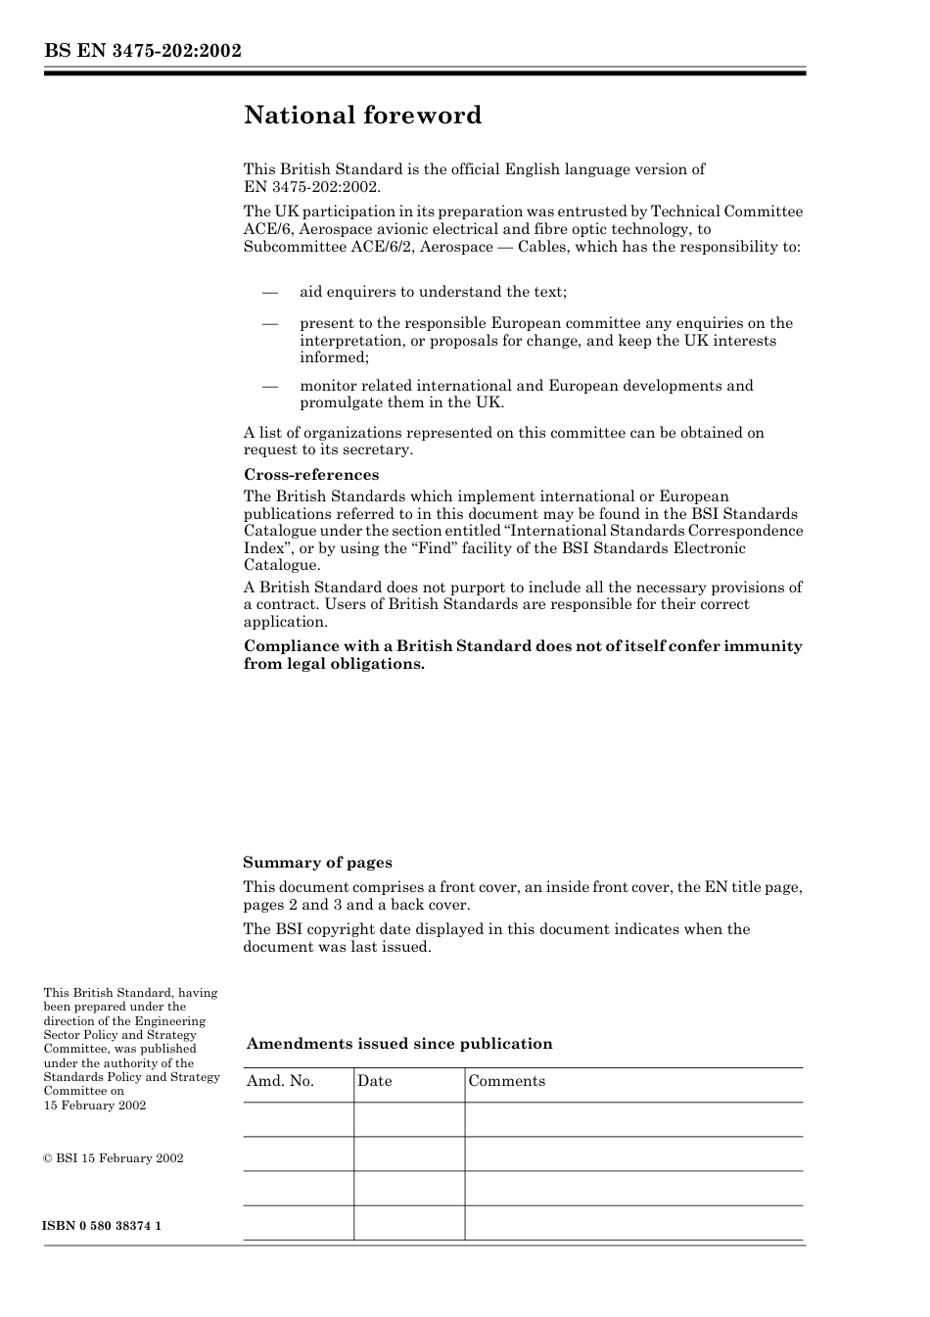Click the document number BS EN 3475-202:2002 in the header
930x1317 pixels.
pyautogui.click(x=142, y=51)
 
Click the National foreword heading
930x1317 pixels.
pyautogui.click(x=362, y=116)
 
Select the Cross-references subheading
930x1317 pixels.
pyautogui.click(x=310, y=475)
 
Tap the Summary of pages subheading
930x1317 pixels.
pyautogui.click(x=317, y=863)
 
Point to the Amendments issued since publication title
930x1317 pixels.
pyautogui.click(x=399, y=1044)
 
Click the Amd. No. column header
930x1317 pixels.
pyautogui.click(x=280, y=1081)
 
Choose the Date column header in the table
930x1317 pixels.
pyautogui.click(x=374, y=1081)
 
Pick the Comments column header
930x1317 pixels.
pyautogui.click(x=506, y=1081)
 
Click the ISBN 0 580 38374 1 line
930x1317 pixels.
pyautogui.click(x=102, y=1226)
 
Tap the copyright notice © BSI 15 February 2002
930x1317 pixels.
pyautogui.click(x=113, y=1158)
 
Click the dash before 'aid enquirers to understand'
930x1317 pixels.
pyautogui.click(x=270, y=292)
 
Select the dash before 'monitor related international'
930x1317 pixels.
pyautogui.click(x=270, y=386)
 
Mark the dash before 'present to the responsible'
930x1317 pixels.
pyautogui.click(x=270, y=323)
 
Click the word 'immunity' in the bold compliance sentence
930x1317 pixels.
pyautogui.click(x=763, y=646)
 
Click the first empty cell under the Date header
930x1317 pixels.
pyautogui.click(x=408, y=1119)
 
